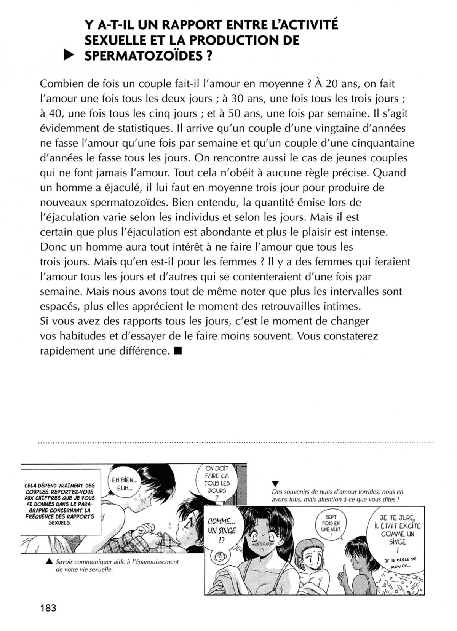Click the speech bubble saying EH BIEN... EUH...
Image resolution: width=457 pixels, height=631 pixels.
tap(122, 484)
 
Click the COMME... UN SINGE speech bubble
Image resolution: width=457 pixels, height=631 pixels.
tap(222, 530)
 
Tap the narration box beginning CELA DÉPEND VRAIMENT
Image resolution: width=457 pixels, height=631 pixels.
tap(59, 504)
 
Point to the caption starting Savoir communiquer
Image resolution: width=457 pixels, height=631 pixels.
tap(117, 566)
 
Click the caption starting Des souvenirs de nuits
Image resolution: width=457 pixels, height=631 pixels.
tap(337, 495)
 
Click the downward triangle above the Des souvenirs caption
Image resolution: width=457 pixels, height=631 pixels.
tap(276, 484)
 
